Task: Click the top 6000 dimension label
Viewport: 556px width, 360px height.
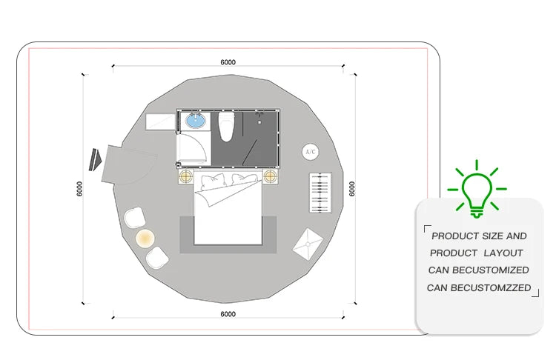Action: [228, 62]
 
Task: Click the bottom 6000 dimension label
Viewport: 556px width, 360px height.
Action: [228, 314]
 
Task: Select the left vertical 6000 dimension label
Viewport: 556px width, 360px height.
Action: [79, 189]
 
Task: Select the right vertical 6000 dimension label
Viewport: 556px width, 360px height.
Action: [351, 189]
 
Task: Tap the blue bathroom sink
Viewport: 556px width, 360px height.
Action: [196, 121]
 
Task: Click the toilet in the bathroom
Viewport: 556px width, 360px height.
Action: [226, 126]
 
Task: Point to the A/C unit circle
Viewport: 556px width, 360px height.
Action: [311, 152]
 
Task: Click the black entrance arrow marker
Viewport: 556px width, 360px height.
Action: [95, 159]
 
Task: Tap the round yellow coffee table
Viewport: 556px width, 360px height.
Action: [145, 238]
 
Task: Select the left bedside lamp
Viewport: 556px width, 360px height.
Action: [186, 176]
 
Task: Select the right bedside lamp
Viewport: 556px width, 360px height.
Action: [270, 176]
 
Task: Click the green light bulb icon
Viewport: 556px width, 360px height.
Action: [477, 189]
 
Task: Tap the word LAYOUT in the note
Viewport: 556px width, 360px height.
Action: [503, 253]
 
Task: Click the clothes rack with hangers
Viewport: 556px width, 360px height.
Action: [320, 193]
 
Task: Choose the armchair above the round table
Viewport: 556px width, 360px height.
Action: [135, 218]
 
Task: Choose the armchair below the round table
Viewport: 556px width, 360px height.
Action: [157, 258]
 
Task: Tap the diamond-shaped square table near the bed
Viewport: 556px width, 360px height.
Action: [308, 244]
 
